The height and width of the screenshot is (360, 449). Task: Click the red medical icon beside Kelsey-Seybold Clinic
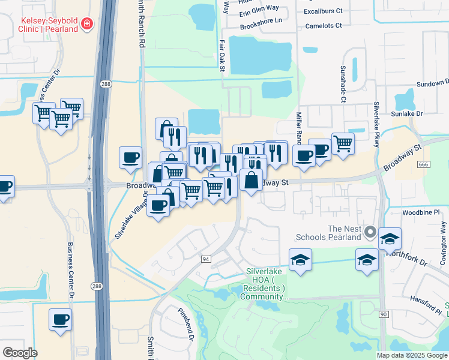[x=87, y=24]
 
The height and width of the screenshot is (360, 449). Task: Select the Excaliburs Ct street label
[x=322, y=11]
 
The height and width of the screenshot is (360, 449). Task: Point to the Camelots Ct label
[x=323, y=26]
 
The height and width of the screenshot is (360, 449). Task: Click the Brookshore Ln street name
[x=261, y=20]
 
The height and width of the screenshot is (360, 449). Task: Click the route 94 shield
[x=206, y=259]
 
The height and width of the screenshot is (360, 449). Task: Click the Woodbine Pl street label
[x=421, y=212]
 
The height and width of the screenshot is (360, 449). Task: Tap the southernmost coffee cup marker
[x=60, y=320]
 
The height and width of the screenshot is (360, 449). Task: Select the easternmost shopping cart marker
[x=343, y=143]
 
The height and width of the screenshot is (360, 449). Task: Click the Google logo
[x=20, y=353]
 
